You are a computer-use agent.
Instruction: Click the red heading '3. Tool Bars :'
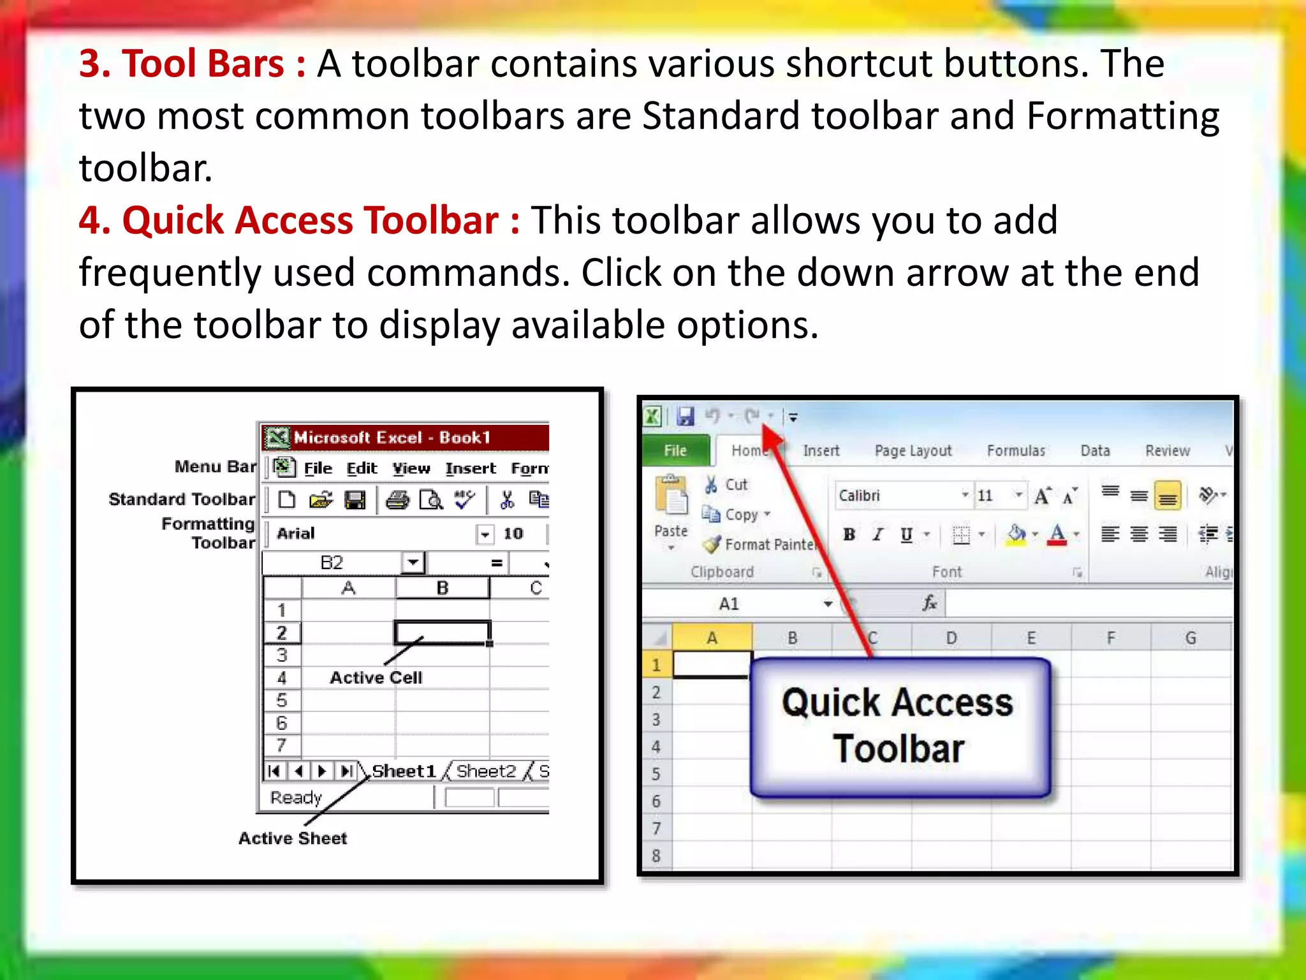(191, 64)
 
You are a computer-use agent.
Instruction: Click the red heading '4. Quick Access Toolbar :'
(298, 221)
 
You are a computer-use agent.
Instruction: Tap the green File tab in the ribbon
(675, 450)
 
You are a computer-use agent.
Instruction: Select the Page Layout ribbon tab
(913, 450)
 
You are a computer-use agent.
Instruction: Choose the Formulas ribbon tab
(1016, 450)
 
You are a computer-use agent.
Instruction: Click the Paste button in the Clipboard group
(671, 504)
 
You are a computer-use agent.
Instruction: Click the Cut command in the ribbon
(727, 485)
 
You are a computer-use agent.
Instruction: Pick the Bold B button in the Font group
(849, 535)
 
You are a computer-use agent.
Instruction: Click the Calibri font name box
(899, 496)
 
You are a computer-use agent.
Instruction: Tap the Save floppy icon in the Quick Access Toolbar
(686, 417)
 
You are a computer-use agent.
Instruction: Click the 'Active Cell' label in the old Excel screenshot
(376, 678)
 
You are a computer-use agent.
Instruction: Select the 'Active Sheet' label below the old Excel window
(293, 838)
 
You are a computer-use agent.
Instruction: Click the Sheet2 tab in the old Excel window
(485, 771)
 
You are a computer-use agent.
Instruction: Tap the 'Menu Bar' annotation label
(215, 467)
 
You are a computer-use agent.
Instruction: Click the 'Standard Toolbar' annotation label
(182, 499)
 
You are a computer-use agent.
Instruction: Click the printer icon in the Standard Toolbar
(397, 500)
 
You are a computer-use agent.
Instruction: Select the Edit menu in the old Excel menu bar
(362, 469)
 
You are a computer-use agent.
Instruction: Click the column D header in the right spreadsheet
(951, 638)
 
